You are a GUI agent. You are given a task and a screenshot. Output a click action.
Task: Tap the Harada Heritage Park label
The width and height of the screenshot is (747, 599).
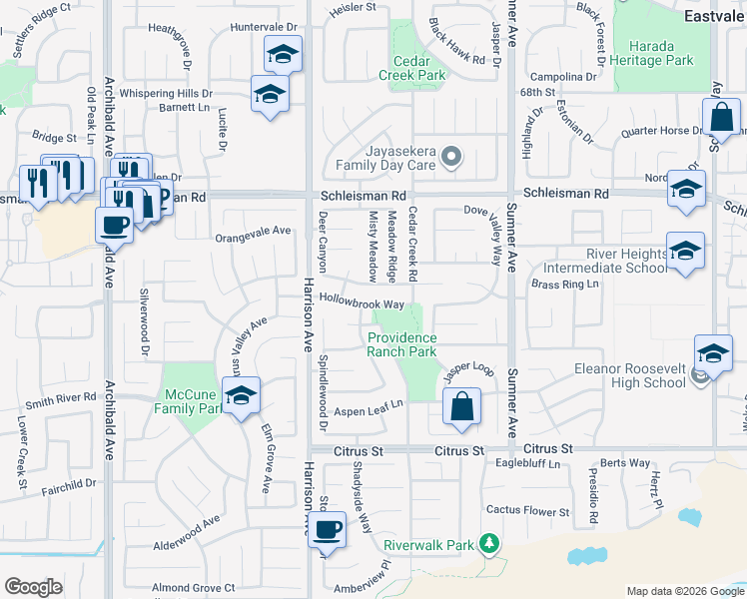653,53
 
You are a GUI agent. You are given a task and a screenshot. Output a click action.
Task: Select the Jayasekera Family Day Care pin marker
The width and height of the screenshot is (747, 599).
451,156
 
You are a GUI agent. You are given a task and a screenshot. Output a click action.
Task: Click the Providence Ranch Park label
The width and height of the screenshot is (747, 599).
401,344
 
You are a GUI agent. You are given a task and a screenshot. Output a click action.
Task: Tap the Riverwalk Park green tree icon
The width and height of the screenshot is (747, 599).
488,544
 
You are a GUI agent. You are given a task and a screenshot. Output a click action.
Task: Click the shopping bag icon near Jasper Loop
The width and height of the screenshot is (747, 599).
461,407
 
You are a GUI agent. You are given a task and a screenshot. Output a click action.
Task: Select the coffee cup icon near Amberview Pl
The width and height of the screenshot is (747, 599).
327,529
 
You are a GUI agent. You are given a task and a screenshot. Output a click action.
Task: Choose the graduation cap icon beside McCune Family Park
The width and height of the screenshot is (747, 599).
241,396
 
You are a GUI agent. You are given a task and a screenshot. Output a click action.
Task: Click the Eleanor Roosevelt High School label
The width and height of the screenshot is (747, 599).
630,375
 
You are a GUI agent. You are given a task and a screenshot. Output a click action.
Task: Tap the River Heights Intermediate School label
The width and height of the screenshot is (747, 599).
606,261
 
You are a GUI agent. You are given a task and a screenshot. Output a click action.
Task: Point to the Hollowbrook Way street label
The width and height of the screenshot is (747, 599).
362,303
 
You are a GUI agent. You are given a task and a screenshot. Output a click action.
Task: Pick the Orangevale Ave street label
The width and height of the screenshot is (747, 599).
253,232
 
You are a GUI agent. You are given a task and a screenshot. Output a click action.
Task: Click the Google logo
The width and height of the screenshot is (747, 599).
33,587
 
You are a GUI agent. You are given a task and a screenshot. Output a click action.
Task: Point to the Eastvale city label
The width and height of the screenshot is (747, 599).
713,16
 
